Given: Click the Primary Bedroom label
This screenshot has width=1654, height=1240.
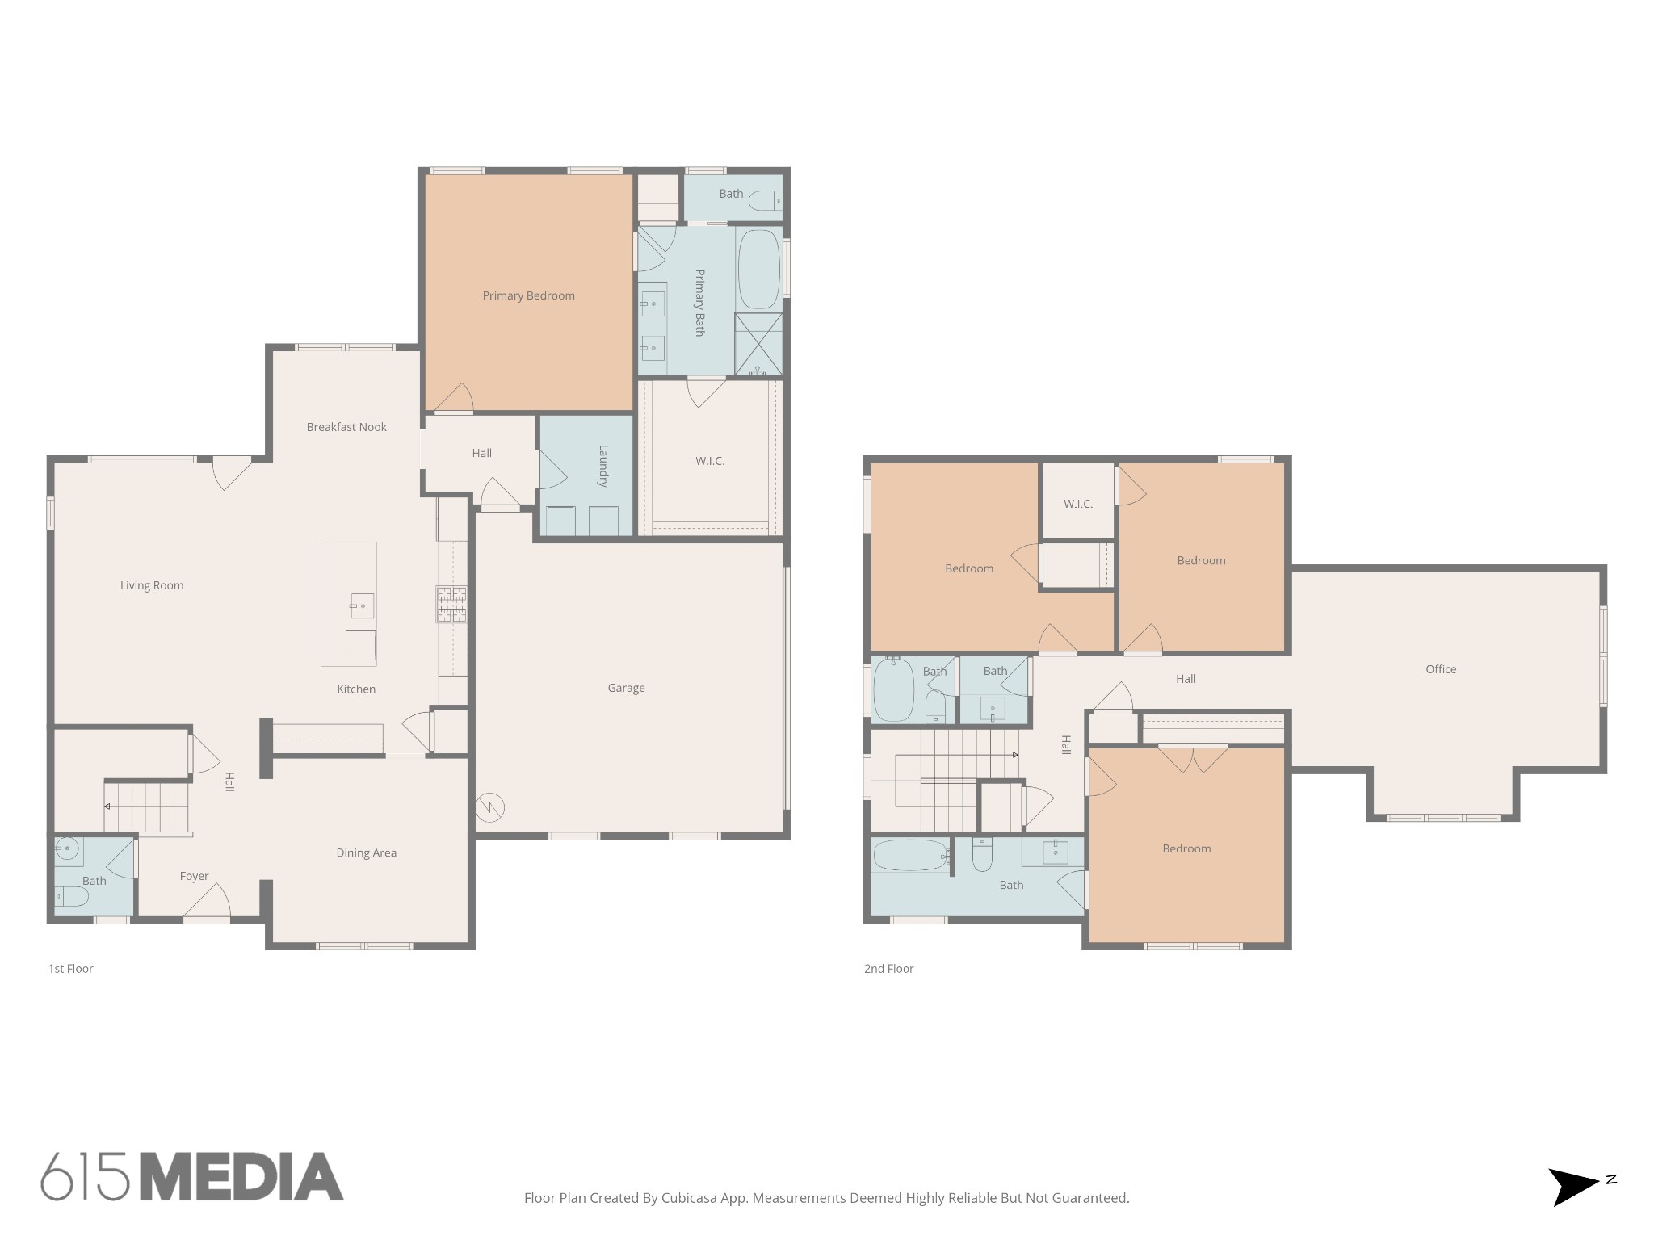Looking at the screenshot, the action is pyautogui.click(x=528, y=295).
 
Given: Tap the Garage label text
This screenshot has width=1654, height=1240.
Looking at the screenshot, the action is pyautogui.click(x=626, y=688).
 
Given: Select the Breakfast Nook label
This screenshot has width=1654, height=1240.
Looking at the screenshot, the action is pyautogui.click(x=346, y=427).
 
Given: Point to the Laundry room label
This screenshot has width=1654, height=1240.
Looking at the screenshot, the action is pyautogui.click(x=602, y=466).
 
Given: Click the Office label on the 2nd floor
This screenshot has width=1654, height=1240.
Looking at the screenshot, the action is pyautogui.click(x=1441, y=669).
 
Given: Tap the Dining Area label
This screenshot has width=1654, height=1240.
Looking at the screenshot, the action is pyautogui.click(x=366, y=852).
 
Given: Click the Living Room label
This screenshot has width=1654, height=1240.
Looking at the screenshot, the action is pyautogui.click(x=152, y=585).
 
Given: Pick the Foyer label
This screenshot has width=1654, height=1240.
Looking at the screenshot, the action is pyautogui.click(x=194, y=876).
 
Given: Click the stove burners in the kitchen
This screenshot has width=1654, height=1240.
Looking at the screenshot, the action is pyautogui.click(x=451, y=604).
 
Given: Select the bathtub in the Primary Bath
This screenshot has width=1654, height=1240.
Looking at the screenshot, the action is pyautogui.click(x=758, y=270).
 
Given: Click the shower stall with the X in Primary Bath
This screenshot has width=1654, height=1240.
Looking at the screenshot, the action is pyautogui.click(x=758, y=344).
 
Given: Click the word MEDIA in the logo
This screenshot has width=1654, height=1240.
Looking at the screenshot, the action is pyautogui.click(x=241, y=1177).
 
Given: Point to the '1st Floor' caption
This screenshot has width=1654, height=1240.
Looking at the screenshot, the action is pyautogui.click(x=71, y=969).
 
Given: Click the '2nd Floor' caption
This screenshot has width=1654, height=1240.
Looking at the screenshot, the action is pyautogui.click(x=888, y=969).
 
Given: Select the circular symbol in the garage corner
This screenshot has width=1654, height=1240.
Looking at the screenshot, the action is pyautogui.click(x=490, y=806).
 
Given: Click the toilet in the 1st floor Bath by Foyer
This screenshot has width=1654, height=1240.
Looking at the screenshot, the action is pyautogui.click(x=71, y=896).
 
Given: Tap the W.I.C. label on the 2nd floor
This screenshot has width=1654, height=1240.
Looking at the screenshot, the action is pyautogui.click(x=1078, y=504).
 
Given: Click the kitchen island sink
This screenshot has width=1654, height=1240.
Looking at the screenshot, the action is pyautogui.click(x=362, y=605).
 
